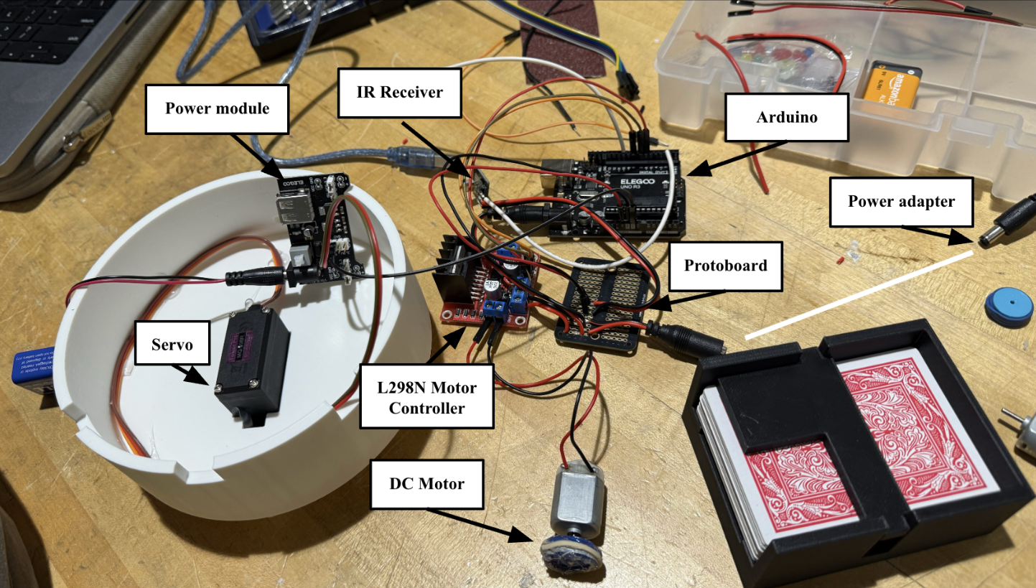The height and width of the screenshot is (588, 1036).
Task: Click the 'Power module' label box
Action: click(x=217, y=109)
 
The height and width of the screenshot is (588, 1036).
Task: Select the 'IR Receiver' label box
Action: click(x=399, y=93)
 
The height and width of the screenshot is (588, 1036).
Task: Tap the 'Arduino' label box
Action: click(x=786, y=117)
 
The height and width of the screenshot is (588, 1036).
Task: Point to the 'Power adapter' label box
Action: click(x=901, y=201)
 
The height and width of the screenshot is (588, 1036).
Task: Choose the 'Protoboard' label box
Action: click(x=725, y=266)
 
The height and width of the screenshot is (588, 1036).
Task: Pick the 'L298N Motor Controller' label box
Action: click(x=426, y=398)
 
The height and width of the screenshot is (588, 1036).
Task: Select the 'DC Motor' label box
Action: click(x=426, y=484)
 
